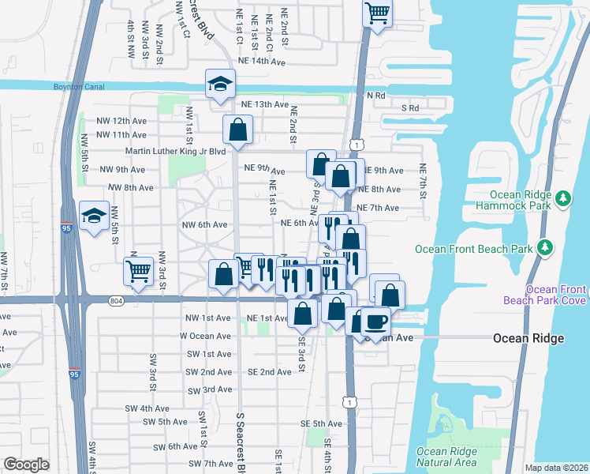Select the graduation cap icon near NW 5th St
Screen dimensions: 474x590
click(94, 216)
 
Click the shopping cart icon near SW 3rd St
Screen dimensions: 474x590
click(138, 272)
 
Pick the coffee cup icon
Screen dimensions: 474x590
click(376, 322)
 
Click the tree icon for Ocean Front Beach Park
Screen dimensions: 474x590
click(544, 249)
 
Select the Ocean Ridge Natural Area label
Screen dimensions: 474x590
click(446, 457)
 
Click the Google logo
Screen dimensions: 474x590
click(26, 465)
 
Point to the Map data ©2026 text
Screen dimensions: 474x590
click(556, 468)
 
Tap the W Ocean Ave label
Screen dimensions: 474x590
click(204, 336)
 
